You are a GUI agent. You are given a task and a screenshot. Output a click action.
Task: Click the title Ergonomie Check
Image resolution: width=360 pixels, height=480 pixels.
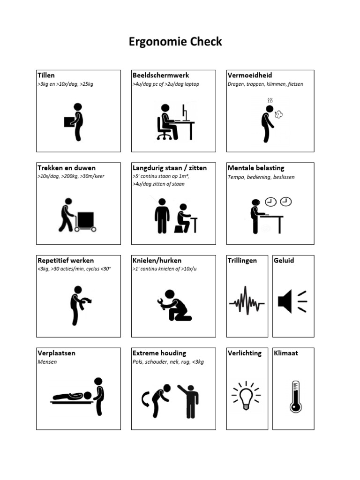coord(175,42)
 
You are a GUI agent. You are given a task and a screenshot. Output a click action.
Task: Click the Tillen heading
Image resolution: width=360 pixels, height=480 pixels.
coord(46,75)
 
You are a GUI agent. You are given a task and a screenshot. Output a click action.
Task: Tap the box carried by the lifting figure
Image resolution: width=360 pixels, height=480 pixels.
coord(69,121)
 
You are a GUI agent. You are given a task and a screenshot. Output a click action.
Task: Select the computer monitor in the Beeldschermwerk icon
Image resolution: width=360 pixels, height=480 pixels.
coord(185,112)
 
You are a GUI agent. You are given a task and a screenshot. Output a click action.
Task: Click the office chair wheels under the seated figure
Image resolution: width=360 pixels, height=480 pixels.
coord(164,136)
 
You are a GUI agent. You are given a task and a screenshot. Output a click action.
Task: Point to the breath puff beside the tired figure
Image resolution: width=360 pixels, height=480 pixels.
coord(278,114)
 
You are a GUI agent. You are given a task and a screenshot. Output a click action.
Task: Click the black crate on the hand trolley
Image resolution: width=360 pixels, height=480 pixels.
coord(86,219)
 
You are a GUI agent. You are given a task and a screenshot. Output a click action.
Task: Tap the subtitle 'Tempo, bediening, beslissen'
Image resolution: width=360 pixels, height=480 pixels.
coord(261,177)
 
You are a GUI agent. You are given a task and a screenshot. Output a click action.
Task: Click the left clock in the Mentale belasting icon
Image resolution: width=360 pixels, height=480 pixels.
coord(270,202)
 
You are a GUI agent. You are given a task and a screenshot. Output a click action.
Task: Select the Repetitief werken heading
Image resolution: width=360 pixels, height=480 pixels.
coord(66,260)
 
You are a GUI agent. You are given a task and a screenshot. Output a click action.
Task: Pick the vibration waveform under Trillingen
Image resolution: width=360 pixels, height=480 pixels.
coord(247,300)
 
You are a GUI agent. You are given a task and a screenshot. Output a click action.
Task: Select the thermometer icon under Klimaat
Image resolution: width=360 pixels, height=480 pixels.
coord(295,396)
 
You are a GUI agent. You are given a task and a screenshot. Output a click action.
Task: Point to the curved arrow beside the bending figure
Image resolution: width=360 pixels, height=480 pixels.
coord(145,399)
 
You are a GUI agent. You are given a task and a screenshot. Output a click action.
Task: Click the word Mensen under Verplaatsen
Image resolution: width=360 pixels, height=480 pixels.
coord(47,362)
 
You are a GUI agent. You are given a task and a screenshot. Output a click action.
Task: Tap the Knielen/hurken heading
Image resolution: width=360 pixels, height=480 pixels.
coord(157,260)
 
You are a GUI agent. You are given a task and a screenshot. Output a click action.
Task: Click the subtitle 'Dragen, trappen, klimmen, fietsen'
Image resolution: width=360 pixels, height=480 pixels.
coord(265,84)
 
